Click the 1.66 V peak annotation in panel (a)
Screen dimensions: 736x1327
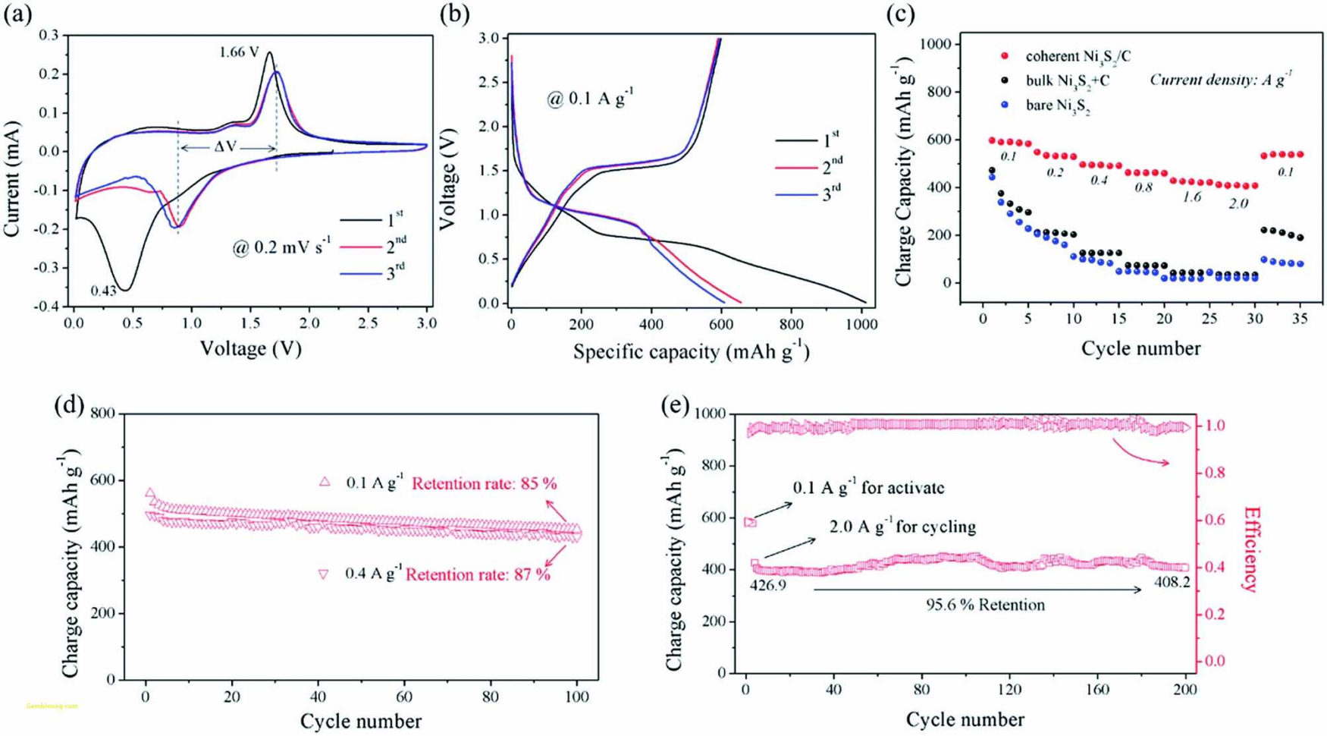(240, 52)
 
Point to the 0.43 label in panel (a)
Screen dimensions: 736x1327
(103, 291)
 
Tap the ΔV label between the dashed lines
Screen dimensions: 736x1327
(225, 147)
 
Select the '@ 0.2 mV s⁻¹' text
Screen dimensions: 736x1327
(281, 247)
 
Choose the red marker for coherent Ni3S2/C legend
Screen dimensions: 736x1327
(1005, 56)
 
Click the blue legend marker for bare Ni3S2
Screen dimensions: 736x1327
(1005, 105)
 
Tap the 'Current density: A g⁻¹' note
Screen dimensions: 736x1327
(1221, 79)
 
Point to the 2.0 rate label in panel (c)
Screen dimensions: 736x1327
(1238, 203)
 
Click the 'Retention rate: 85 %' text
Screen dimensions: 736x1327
(485, 483)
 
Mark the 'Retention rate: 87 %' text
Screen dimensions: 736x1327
(478, 574)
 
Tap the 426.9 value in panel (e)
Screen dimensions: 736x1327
(767, 586)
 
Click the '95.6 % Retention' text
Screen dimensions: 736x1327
(985, 605)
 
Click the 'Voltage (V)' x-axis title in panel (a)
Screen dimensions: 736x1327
(250, 348)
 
